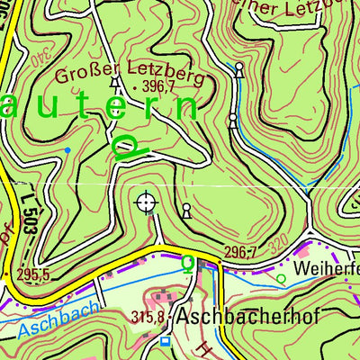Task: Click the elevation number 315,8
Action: pyautogui.click(x=149, y=318)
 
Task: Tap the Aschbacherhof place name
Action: pyautogui.click(x=237, y=318)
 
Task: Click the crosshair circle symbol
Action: pyautogui.click(x=146, y=202)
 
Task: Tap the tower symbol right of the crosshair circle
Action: pyautogui.click(x=186, y=211)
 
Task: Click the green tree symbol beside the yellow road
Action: pyautogui.click(x=187, y=263)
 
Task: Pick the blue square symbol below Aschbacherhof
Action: pyautogui.click(x=165, y=341)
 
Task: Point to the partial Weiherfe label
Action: pyautogui.click(x=325, y=269)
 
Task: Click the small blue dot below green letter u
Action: pyautogui.click(x=67, y=148)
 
